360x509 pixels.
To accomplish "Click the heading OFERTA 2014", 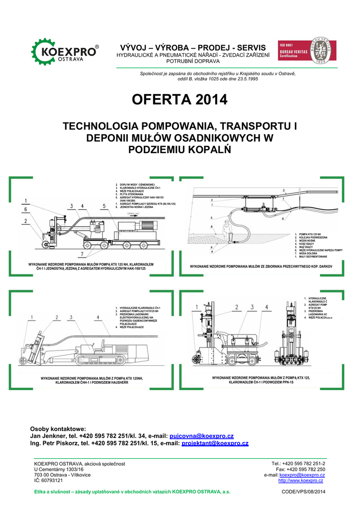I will (180, 100).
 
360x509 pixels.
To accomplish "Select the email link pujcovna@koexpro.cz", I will (201, 436).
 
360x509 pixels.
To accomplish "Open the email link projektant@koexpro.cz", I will (215, 443).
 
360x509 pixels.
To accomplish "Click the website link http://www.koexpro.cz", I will (301, 481).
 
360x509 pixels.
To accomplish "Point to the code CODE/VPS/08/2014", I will (303, 492).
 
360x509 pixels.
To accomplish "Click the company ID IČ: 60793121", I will (48, 481).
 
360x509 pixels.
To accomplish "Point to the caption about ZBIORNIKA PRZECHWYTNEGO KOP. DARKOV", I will (260, 267).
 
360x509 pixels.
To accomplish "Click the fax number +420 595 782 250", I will (300, 469).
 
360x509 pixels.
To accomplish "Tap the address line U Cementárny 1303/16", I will (59, 469).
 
